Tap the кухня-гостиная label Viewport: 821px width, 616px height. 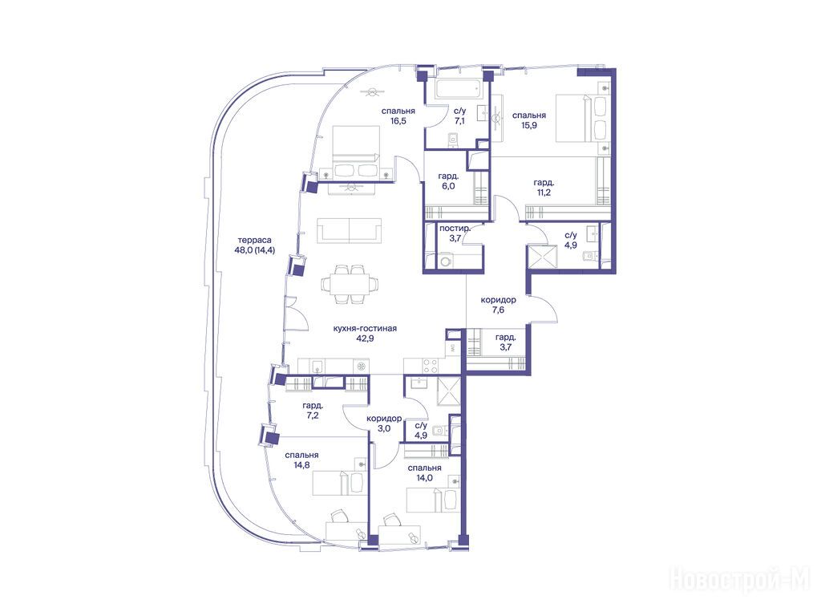[x=365, y=328]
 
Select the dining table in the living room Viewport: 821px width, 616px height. [x=350, y=284]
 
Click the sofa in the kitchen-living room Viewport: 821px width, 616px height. [x=350, y=230]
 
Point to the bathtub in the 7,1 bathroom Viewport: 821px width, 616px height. [x=458, y=88]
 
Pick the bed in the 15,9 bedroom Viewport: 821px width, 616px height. [x=583, y=118]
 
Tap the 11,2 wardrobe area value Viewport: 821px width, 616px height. [x=544, y=192]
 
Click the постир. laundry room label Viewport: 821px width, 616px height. [x=455, y=229]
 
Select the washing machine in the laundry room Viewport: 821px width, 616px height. [x=446, y=261]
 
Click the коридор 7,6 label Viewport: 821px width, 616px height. [x=498, y=305]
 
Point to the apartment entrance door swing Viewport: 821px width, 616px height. [x=545, y=309]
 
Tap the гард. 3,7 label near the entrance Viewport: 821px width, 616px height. [x=505, y=342]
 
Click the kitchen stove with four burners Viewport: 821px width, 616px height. [x=431, y=366]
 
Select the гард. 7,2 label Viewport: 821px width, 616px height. [x=312, y=411]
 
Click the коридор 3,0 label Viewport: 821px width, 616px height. [x=384, y=423]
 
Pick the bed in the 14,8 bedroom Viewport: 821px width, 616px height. [x=340, y=482]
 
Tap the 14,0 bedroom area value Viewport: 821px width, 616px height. [x=425, y=478]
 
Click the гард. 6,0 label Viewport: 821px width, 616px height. [x=449, y=180]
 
